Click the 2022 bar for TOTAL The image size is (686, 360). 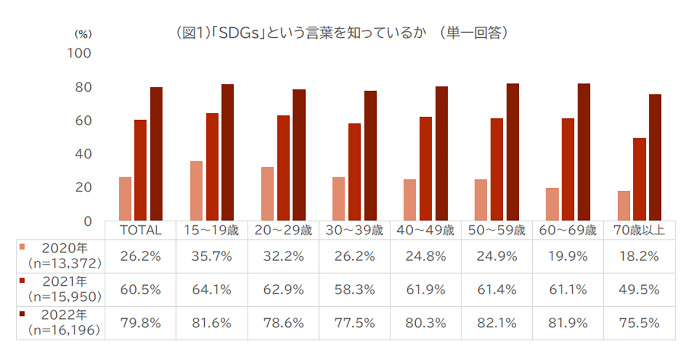[156, 154]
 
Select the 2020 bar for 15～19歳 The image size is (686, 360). [196, 191]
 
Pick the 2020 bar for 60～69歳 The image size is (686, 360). [552, 204]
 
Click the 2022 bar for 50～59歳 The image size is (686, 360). [512, 152]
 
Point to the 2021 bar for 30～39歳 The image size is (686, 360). [354, 172]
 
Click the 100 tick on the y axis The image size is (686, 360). [80, 54]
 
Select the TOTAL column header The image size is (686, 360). [140, 231]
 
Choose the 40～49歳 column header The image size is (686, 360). [425, 231]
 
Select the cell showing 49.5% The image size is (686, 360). [639, 289]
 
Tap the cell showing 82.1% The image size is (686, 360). [497, 323]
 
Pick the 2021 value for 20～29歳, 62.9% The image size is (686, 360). [282, 289]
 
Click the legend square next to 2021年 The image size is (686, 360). [22, 280]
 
